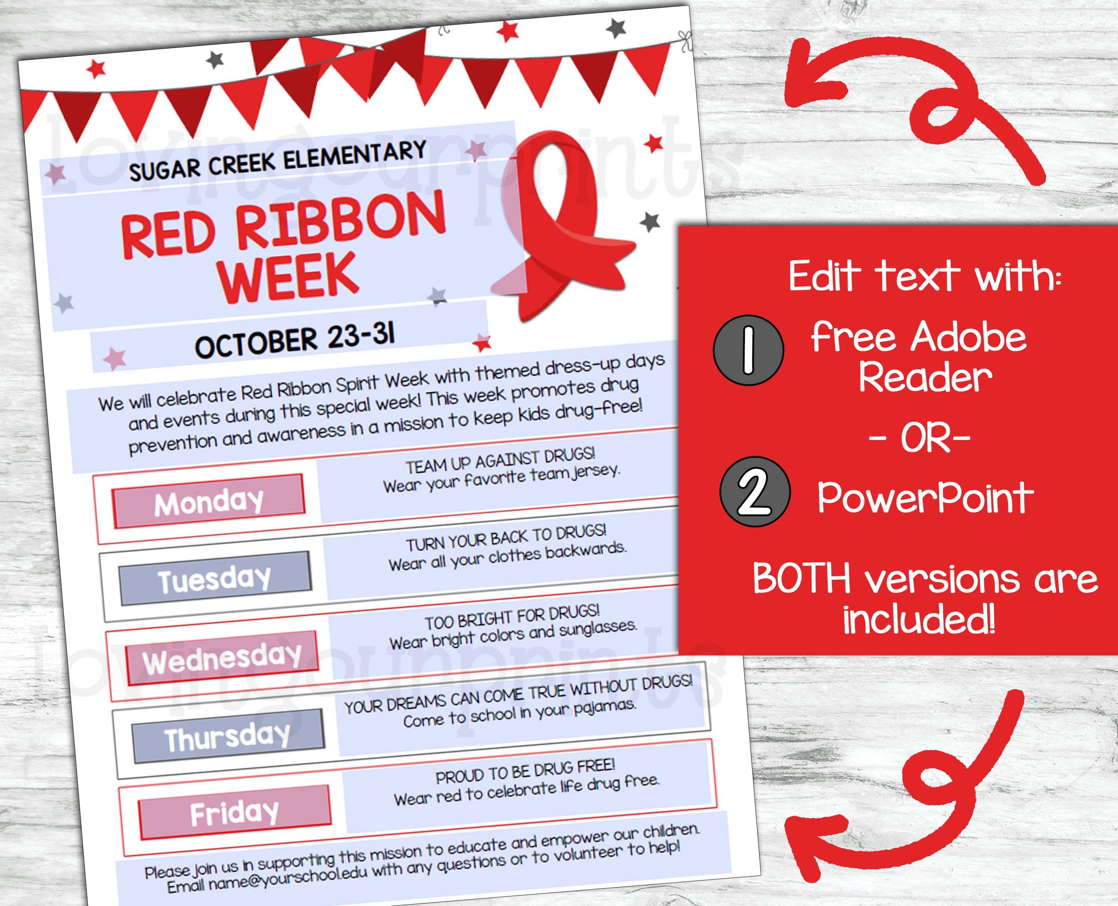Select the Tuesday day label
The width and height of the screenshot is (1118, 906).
click(215, 579)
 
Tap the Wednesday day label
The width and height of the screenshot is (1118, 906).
click(222, 659)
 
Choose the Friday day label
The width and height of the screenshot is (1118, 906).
click(234, 813)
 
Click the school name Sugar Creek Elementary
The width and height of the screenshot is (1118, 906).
click(278, 161)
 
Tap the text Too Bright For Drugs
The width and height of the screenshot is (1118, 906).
click(512, 616)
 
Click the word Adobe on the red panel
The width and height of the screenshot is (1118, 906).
click(968, 338)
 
